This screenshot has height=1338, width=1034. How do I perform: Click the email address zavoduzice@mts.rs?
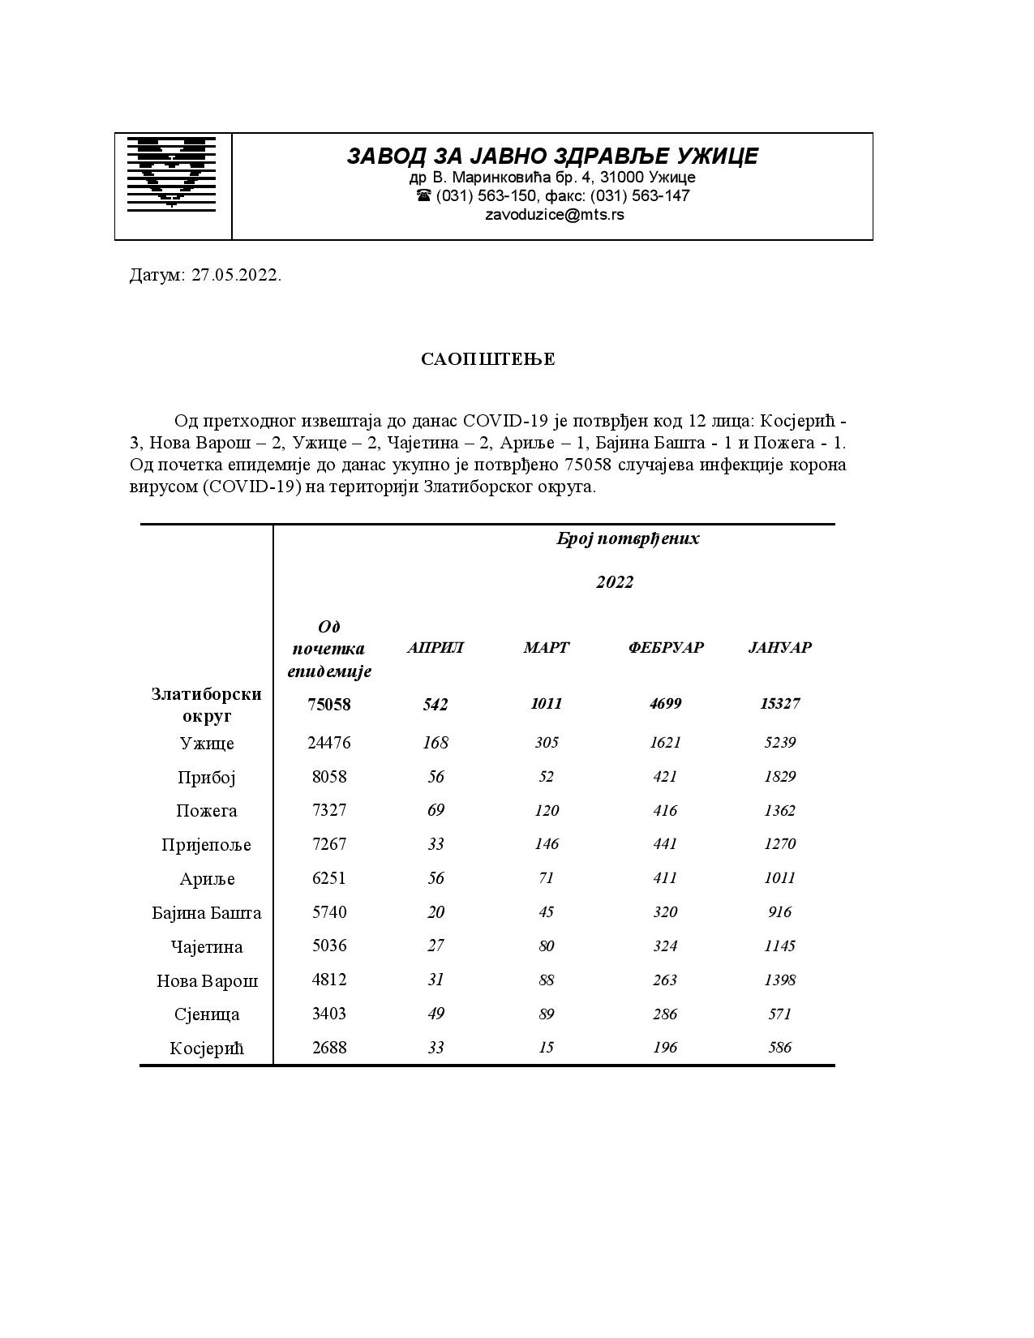(x=554, y=215)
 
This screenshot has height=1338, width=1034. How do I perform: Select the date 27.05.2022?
(x=236, y=275)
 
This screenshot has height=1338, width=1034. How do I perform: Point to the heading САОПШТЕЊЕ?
(x=488, y=359)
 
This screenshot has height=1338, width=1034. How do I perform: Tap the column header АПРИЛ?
(x=435, y=647)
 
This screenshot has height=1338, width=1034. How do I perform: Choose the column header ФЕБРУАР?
(x=665, y=647)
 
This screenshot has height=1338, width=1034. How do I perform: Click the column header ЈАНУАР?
(x=779, y=647)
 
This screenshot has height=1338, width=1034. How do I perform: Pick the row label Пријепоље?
(x=206, y=845)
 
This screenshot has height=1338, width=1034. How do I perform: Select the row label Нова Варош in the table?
(x=207, y=981)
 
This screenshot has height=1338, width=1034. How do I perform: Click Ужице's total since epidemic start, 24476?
(x=329, y=743)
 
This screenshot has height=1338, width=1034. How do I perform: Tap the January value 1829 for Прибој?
(x=779, y=776)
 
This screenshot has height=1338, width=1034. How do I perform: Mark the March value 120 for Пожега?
(x=547, y=810)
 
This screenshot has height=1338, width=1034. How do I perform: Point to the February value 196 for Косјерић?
(x=665, y=1047)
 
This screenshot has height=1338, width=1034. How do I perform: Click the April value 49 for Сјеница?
(x=435, y=1014)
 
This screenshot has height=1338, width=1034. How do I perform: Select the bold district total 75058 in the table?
(x=329, y=704)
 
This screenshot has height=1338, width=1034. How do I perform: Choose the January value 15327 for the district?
(x=779, y=703)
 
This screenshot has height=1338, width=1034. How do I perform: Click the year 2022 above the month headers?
(x=615, y=582)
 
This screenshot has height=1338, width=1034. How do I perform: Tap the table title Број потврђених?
(x=628, y=538)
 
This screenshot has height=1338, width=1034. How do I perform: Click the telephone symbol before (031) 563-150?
(x=423, y=195)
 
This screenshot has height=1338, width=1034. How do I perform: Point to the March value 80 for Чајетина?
(x=547, y=946)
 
